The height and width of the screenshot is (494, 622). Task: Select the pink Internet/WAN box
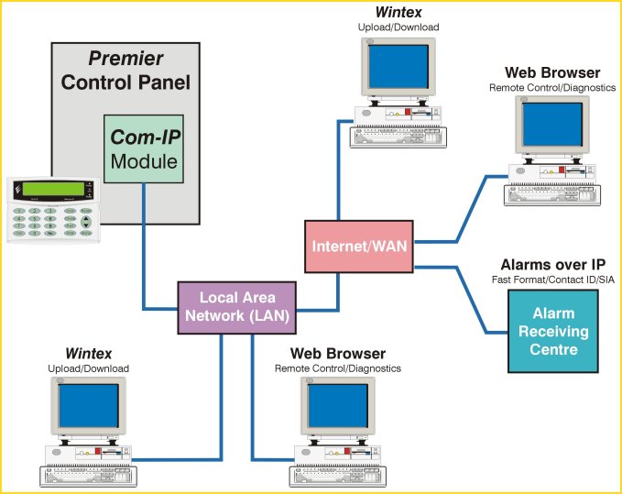pyautogui.click(x=358, y=246)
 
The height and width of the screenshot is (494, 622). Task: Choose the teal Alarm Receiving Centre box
pyautogui.click(x=553, y=330)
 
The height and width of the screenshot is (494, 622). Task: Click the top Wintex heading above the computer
pyautogui.click(x=398, y=13)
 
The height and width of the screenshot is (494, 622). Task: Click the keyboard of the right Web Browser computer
pyautogui.click(x=558, y=194)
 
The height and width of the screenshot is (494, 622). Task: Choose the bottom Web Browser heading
pyautogui.click(x=338, y=353)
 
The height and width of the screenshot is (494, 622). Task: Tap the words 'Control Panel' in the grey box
pyautogui.click(x=125, y=82)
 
